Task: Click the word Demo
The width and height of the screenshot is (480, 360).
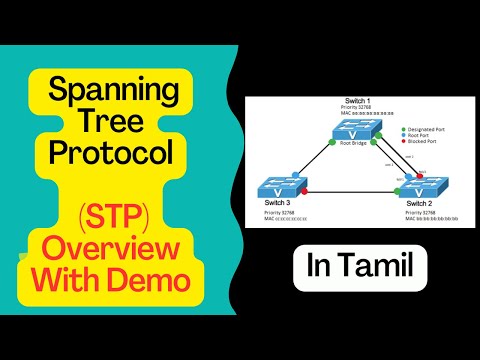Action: tap(153, 280)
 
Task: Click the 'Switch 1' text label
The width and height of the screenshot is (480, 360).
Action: tap(358, 103)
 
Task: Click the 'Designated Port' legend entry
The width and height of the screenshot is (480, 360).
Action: tap(429, 128)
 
